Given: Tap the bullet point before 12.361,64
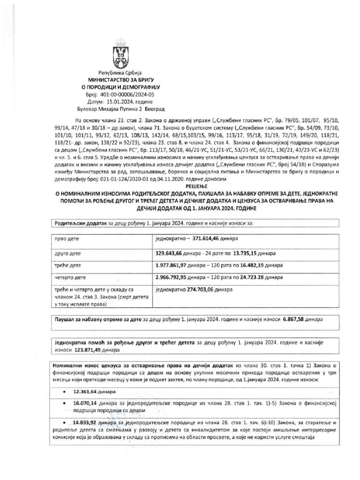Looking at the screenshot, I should [64, 391].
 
